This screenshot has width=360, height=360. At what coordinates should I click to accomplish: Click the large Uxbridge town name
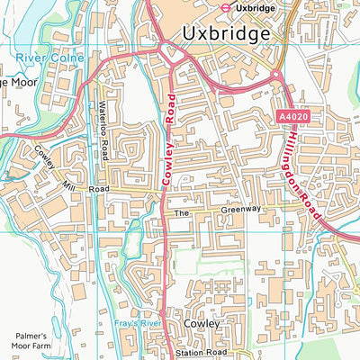[226, 34]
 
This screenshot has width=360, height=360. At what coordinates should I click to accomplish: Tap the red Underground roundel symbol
[219, 6]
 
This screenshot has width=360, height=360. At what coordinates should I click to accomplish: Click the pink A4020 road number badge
[293, 118]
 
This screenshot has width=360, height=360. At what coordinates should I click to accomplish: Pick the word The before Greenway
[183, 214]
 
